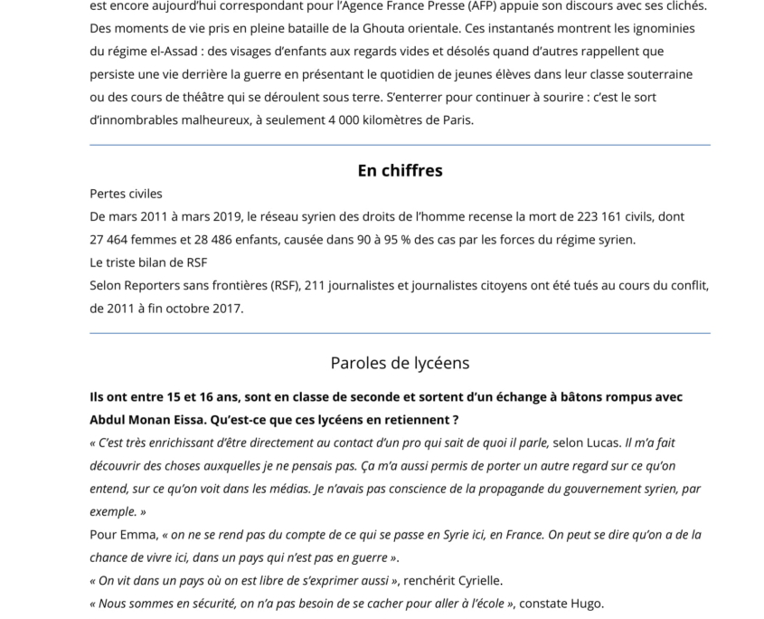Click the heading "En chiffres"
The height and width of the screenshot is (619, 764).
400,170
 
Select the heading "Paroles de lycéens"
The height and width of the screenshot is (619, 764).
400,363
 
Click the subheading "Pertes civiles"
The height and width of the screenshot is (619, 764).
126,194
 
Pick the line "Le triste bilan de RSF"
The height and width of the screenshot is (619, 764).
148,262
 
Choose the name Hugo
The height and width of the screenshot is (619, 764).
585,604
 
